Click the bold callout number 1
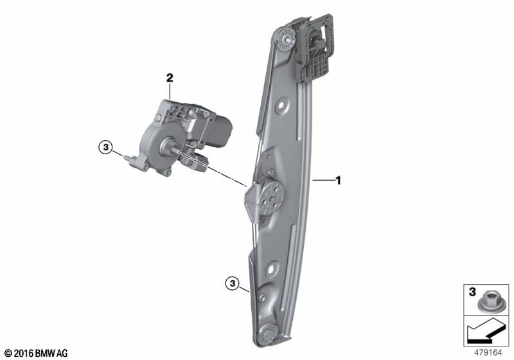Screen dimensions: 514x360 coord(339,181)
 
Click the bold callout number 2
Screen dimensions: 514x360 coord(170,78)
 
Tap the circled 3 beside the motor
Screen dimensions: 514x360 coord(105,147)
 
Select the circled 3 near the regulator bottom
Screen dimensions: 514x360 coord(233,283)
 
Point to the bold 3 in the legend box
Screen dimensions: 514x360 coord(472,291)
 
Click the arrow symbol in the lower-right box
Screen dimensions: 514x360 coord(486,331)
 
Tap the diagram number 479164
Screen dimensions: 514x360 coord(488,353)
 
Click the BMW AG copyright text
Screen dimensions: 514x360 coord(37,353)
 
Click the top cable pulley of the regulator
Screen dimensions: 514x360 coord(287,40)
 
